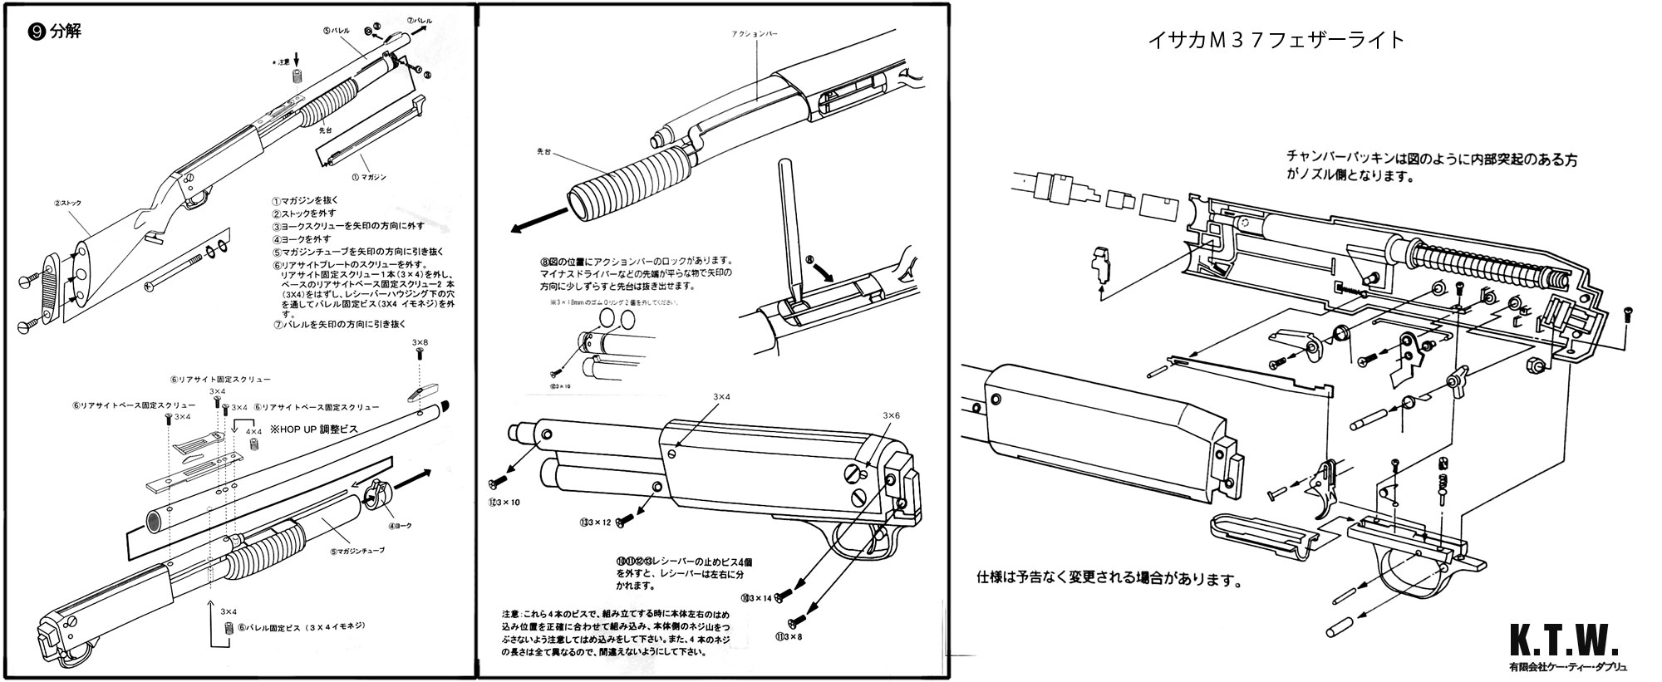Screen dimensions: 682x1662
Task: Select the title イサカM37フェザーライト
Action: click(1276, 39)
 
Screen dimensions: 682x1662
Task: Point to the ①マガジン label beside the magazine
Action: click(369, 177)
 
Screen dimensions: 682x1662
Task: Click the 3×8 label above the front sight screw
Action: click(420, 342)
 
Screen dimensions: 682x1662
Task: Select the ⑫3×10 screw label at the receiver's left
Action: click(504, 502)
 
